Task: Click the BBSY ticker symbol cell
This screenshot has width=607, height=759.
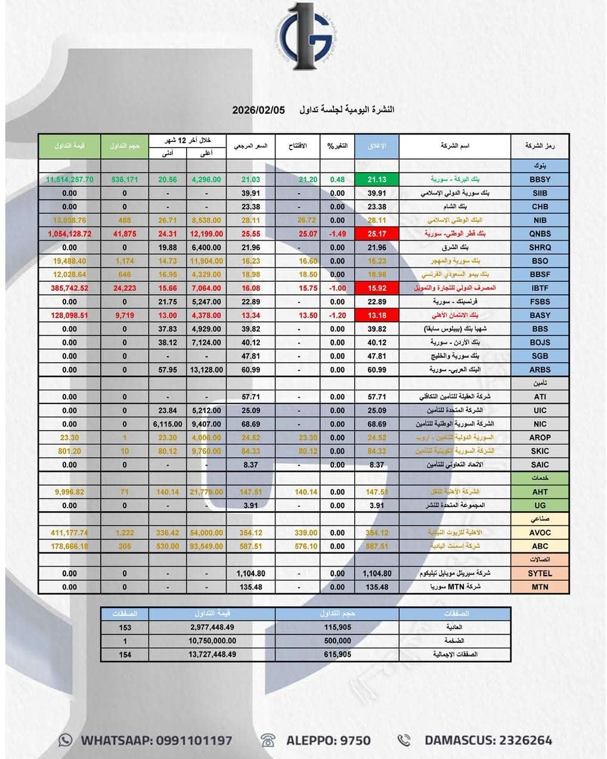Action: click(540, 179)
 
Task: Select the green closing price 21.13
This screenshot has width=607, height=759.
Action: click(377, 179)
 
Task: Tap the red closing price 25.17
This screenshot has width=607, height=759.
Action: click(377, 234)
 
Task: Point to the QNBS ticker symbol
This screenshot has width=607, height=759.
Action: click(540, 234)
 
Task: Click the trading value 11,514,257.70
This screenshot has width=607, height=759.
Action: click(70, 179)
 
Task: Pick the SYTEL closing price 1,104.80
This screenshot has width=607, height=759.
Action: click(377, 573)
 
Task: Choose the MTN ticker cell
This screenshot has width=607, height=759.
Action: click(540, 587)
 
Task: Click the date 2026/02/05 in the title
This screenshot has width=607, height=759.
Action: click(259, 110)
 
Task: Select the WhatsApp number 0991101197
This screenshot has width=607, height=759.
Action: click(194, 741)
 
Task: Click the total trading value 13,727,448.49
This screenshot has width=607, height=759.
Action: click(212, 654)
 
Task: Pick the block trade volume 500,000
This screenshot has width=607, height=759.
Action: click(337, 640)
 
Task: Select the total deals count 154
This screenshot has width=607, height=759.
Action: click(125, 654)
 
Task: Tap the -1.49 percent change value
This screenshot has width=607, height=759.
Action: click(337, 234)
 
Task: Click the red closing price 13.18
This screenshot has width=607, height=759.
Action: click(377, 315)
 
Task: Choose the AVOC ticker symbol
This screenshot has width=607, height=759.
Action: click(540, 533)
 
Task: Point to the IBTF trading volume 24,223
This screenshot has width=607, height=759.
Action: click(125, 288)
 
